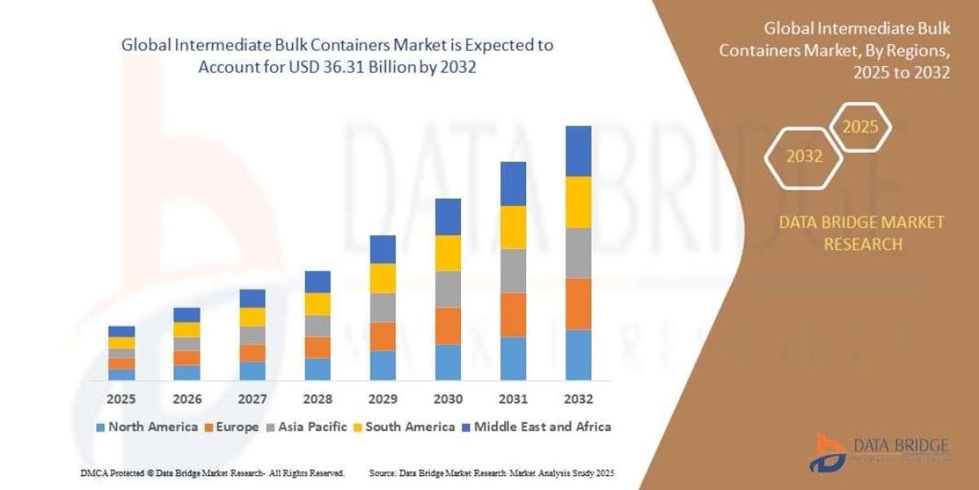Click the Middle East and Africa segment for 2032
click(578, 151)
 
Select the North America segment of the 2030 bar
click(448, 362)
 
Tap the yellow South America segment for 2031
click(513, 227)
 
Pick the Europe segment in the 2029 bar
click(383, 336)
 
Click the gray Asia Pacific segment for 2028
click(317, 326)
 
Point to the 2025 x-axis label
click(122, 399)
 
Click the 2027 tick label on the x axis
click(252, 399)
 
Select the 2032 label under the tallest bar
click(578, 399)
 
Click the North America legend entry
click(147, 426)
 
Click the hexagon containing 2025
click(860, 127)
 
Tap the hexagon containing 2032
click(804, 156)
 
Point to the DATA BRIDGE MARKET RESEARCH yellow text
click(862, 233)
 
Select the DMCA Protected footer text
click(212, 473)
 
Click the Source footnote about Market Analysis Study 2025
click(491, 473)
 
